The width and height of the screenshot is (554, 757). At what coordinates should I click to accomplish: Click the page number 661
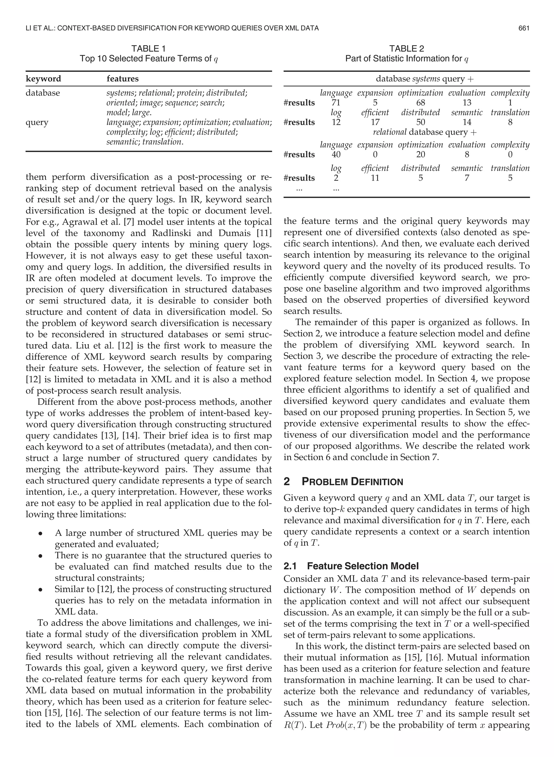tap(523, 28)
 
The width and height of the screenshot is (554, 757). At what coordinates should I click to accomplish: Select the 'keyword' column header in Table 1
tap(43, 79)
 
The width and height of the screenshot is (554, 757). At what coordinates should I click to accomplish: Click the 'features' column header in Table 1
tap(122, 79)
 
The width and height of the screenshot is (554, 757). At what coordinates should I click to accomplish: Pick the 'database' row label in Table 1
tap(42, 93)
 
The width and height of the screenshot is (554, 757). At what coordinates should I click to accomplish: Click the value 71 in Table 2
tap(336, 103)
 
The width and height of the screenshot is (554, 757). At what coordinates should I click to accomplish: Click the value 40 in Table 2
tap(336, 154)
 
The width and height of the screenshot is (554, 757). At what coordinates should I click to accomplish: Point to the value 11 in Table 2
tap(375, 178)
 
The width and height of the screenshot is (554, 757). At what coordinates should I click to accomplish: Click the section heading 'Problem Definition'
tap(352, 482)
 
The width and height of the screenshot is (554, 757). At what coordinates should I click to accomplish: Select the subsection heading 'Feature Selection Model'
tap(362, 566)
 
